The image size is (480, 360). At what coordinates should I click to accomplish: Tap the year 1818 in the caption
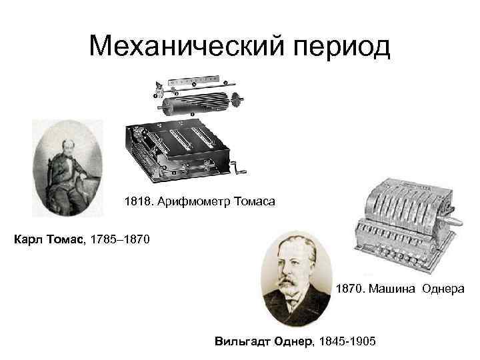137,201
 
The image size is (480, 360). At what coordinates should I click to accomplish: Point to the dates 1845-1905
348,341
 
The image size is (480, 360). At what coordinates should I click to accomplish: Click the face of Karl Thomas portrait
69,147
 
